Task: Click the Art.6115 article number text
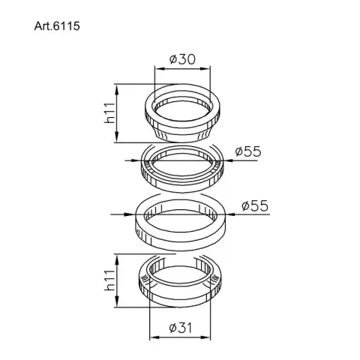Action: coord(57,26)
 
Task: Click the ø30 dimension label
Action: coord(182,59)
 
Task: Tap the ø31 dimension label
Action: coord(181,328)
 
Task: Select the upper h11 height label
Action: coord(109,113)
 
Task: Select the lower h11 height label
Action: coord(109,280)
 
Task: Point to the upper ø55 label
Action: coord(248,151)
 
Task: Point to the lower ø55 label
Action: coord(255,206)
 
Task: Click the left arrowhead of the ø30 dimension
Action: coord(158,69)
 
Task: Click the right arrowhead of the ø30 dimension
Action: coord(206,69)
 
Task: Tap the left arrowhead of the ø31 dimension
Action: coord(154,337)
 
